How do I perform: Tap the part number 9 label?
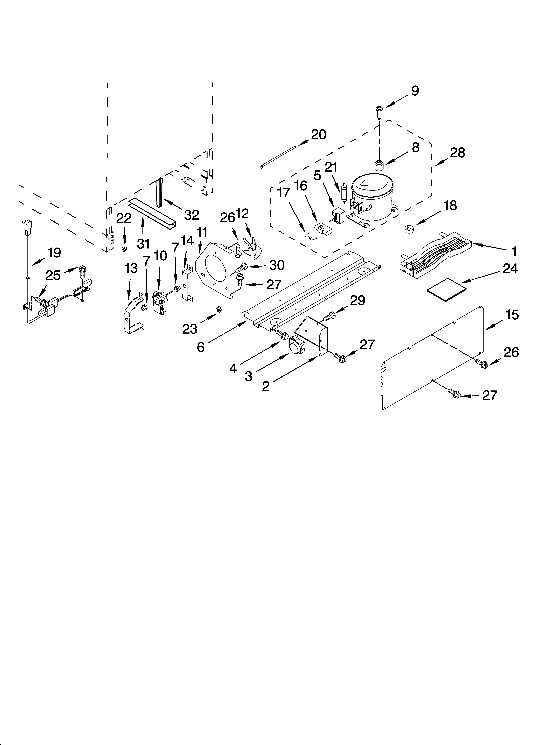(415, 91)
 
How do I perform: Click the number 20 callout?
(318, 135)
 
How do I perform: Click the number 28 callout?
(458, 153)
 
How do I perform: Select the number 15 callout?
(512, 315)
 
